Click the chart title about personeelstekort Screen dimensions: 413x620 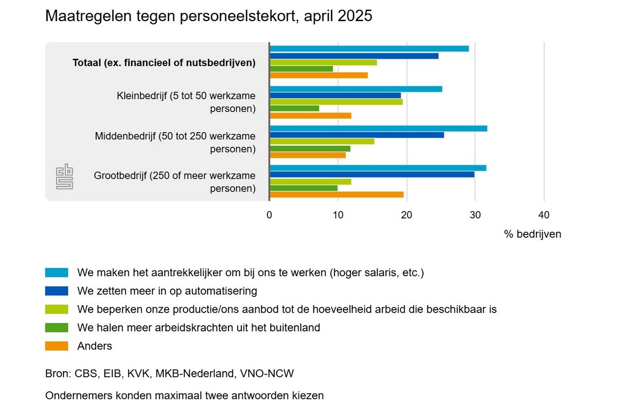coord(209,16)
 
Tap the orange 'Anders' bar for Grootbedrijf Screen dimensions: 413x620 coord(336,195)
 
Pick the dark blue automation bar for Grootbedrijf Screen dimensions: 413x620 coord(371,174)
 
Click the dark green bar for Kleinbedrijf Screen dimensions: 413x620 coord(294,108)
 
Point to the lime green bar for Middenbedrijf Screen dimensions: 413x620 coord(321,141)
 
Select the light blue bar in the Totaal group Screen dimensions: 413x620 coord(369,49)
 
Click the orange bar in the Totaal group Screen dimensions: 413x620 coord(318,75)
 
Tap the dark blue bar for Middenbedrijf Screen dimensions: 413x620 coord(357,135)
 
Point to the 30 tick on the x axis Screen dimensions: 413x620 coord(475,215)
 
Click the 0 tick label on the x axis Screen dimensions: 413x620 coord(269,215)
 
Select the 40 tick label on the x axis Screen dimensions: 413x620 coord(544,215)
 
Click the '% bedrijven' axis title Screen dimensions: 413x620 coord(532,234)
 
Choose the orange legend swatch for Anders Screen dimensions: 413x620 coord(57,346)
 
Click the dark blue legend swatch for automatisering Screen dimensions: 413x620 coord(57,291)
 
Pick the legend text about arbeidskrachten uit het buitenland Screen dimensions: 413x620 coord(198,328)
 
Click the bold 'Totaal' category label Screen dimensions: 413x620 coord(164,63)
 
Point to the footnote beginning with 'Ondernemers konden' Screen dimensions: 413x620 coord(184,396)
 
